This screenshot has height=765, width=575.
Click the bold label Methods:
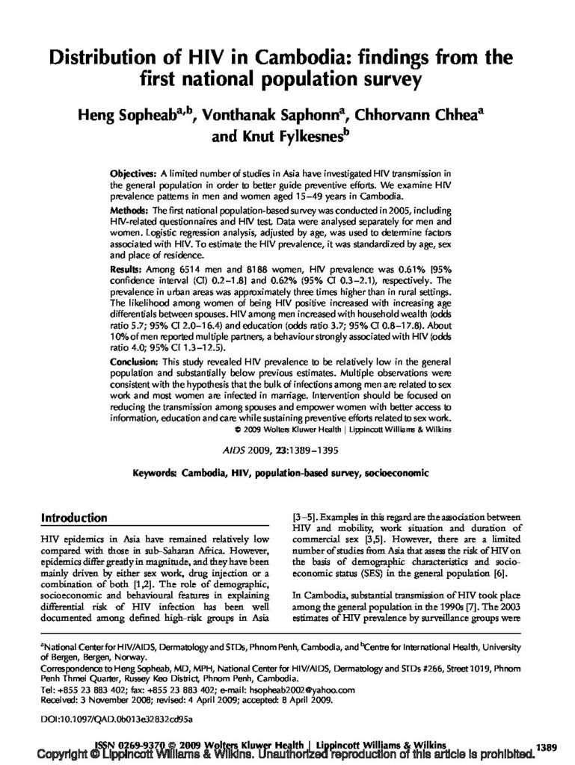pos(129,213)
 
